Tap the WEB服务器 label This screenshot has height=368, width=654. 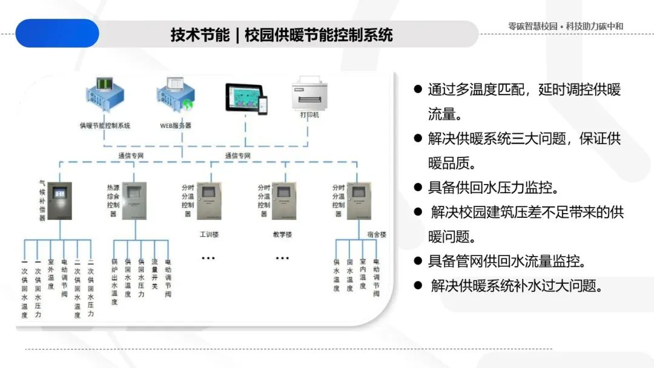(x=176, y=126)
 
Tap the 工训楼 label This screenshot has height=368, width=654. (x=208, y=234)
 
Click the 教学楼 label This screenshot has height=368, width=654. (x=282, y=234)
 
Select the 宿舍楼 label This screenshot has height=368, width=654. (x=376, y=234)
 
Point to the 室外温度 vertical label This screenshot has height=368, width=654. (x=51, y=274)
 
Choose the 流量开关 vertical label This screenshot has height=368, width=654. (x=154, y=274)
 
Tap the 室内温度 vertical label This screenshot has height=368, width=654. (x=363, y=274)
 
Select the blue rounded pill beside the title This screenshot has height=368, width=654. (x=57, y=33)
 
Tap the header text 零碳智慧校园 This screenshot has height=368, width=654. (x=532, y=27)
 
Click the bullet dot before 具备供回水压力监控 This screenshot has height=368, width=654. (x=417, y=187)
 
